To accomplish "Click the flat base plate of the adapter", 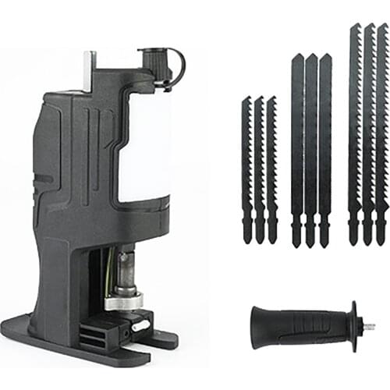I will click(x=78, y=343).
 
